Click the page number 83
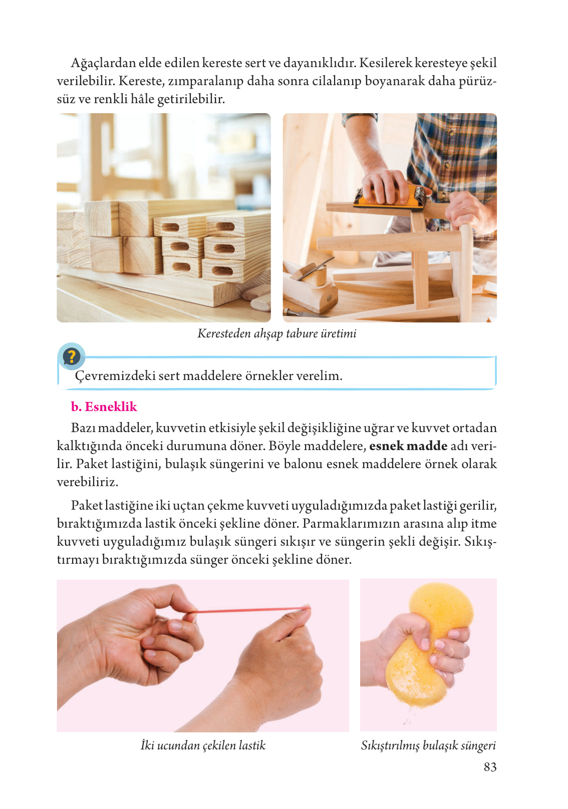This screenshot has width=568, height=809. pyautogui.click(x=490, y=767)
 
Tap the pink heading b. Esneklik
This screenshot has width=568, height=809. pyautogui.click(x=104, y=407)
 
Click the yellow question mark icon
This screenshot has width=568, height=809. pyautogui.click(x=72, y=357)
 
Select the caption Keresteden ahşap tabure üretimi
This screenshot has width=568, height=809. pyautogui.click(x=276, y=333)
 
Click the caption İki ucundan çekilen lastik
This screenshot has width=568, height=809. pyautogui.click(x=203, y=745)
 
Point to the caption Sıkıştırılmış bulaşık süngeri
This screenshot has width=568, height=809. pyautogui.click(x=428, y=745)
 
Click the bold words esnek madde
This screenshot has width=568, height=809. pyautogui.click(x=408, y=446)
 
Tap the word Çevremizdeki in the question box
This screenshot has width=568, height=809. pyautogui.click(x=115, y=375)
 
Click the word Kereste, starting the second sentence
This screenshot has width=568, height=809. pyautogui.click(x=141, y=81)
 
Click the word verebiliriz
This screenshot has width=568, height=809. pyautogui.click(x=87, y=482)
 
